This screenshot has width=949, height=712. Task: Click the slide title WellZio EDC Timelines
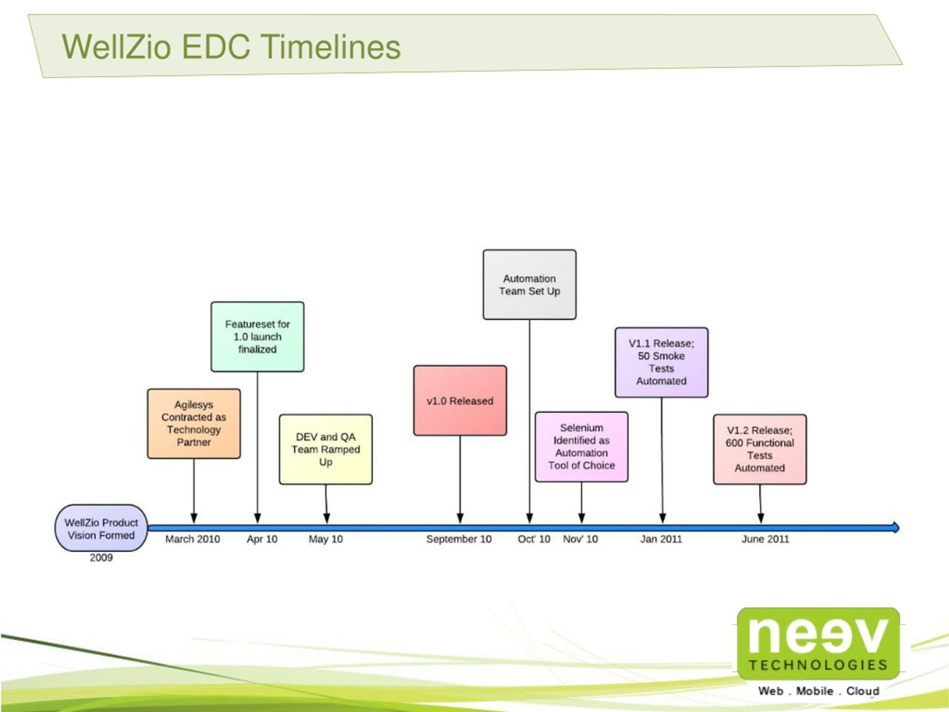(231, 47)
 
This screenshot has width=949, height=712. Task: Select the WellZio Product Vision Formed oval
(101, 528)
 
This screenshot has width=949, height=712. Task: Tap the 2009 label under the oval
(101, 557)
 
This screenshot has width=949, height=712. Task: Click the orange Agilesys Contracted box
(194, 423)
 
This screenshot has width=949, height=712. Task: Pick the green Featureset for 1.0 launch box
(257, 336)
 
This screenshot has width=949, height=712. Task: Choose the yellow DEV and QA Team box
(325, 449)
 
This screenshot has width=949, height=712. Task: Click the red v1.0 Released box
(460, 400)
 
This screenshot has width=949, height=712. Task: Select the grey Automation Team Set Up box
(529, 284)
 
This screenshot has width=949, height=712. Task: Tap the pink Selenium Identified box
(581, 447)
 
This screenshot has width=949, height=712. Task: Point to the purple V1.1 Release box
(662, 362)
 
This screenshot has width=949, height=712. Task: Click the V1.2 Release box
(760, 449)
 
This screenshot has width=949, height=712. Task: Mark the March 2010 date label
(193, 539)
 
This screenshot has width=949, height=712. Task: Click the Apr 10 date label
(262, 540)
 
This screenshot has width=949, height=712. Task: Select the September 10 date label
(459, 540)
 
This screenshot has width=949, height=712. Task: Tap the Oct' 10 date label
(534, 539)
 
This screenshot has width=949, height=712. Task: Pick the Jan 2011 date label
(661, 539)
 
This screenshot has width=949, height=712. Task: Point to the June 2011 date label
(766, 539)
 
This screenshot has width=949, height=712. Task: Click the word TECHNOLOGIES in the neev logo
(818, 665)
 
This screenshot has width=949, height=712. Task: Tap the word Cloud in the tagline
(863, 691)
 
